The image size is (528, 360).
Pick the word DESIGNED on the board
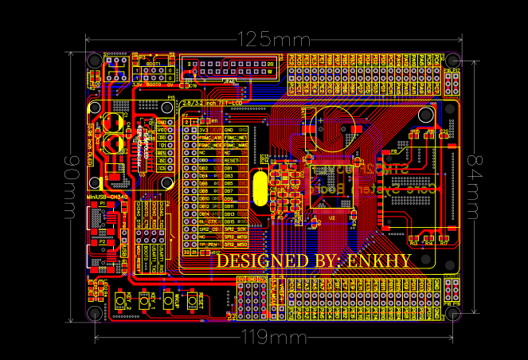262,260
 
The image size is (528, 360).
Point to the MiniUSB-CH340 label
107,196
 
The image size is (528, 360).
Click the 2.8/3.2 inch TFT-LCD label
211,104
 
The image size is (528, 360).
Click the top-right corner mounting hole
452,61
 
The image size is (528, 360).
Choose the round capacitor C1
110,123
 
